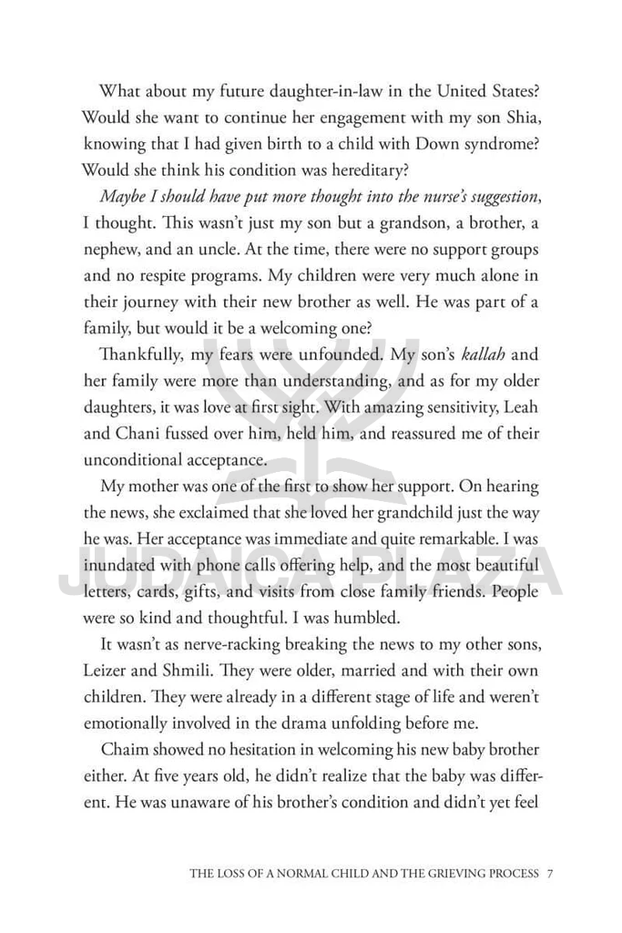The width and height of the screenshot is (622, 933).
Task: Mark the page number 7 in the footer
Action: pyautogui.click(x=551, y=874)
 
